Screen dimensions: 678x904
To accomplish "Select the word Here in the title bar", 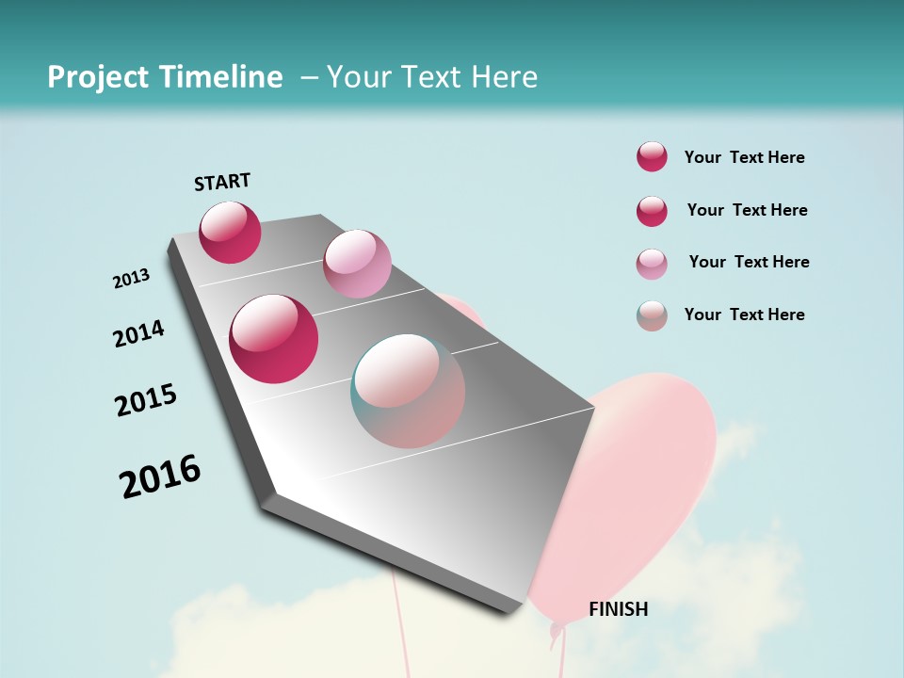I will (x=504, y=77).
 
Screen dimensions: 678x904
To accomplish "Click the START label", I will (x=222, y=182).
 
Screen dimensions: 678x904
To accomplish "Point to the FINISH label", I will (x=619, y=609).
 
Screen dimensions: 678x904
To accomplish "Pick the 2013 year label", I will (x=132, y=279).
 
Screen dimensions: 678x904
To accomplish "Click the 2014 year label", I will (x=139, y=334).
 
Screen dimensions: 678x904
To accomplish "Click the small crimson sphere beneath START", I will (x=230, y=232).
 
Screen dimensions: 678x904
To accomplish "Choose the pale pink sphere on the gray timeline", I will (x=357, y=264).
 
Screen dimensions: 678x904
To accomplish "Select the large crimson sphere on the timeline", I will (x=274, y=338).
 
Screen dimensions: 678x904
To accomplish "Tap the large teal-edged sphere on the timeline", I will (x=408, y=391).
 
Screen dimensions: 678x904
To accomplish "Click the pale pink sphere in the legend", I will (x=652, y=264).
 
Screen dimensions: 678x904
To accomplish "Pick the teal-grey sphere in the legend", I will (x=652, y=315).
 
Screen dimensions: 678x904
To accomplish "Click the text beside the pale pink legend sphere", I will (x=749, y=262).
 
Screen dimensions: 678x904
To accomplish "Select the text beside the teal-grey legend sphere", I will (x=744, y=315).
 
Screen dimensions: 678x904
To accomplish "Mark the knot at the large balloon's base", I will (x=557, y=628).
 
